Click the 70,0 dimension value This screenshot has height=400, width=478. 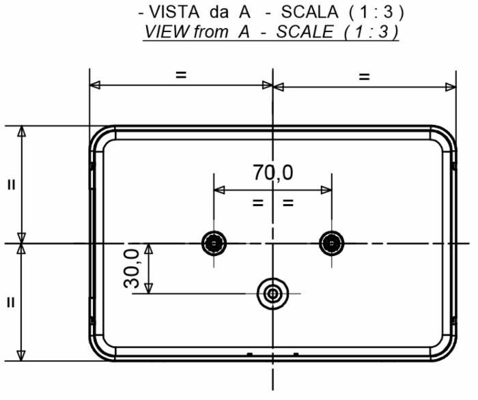tap(273, 173)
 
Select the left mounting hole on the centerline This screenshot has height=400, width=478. tap(214, 242)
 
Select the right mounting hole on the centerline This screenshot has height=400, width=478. tap(332, 242)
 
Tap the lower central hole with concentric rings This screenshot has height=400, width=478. tap(273, 294)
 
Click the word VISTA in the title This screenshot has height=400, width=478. tap(178, 13)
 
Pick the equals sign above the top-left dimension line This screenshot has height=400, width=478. tap(181, 75)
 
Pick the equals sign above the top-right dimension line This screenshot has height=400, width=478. tap(364, 76)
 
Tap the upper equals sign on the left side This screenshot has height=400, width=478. tap(12, 184)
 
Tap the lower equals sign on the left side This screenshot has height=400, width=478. tap(12, 302)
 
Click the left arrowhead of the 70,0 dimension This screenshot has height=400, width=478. tap(219, 190)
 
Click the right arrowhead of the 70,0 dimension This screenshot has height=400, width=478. tap(327, 190)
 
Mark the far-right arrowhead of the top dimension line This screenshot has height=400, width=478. tap(451, 86)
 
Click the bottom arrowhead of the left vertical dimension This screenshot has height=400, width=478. tap(23, 355)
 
